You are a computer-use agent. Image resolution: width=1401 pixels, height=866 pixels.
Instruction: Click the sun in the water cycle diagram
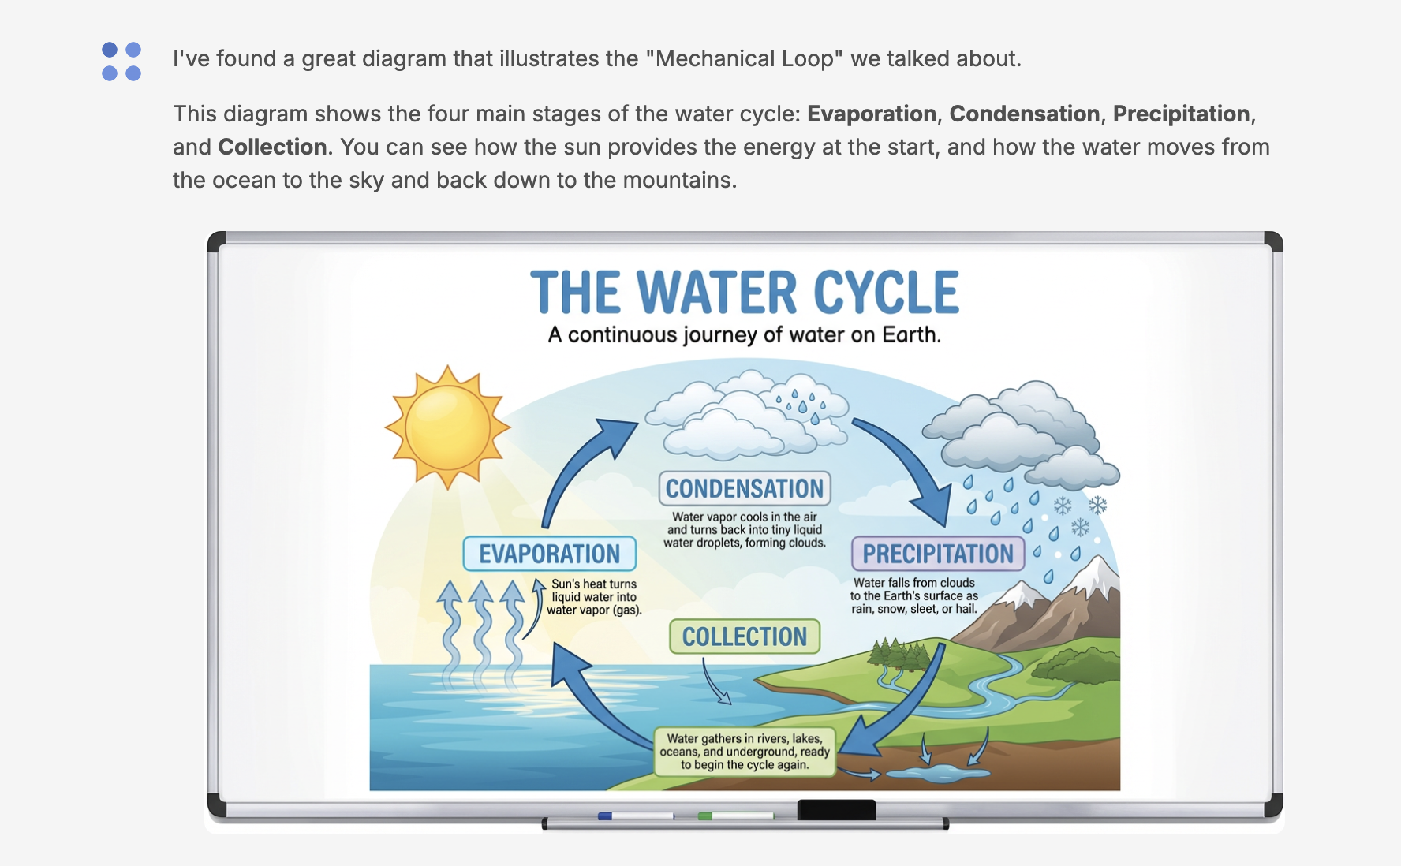[447, 427]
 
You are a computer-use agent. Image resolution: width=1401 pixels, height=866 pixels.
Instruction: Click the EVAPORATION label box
[549, 554]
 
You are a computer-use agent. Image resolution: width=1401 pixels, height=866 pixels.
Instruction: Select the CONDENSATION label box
[745, 488]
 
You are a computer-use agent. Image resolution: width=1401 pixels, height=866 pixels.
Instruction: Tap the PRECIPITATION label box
[937, 554]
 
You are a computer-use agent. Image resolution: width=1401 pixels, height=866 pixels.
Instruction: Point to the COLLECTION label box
[745, 636]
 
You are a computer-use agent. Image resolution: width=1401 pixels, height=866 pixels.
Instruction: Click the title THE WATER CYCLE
[745, 293]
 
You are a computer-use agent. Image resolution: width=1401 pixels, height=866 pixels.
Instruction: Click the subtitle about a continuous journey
[745, 335]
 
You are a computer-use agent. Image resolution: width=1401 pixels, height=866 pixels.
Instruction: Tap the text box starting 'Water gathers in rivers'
[745, 752]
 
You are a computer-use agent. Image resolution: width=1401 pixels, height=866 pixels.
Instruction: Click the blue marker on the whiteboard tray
[636, 816]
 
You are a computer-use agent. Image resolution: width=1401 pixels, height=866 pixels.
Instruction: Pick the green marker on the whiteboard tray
[735, 816]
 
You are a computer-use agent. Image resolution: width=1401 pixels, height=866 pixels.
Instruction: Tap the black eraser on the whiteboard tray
[836, 810]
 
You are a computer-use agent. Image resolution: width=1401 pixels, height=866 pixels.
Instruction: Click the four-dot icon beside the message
[121, 62]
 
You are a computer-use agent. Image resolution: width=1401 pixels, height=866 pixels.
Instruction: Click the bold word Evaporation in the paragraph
[872, 114]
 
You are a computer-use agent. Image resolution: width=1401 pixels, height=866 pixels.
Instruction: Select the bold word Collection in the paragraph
[272, 147]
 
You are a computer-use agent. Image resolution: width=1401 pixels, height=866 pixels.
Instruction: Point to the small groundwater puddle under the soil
[938, 775]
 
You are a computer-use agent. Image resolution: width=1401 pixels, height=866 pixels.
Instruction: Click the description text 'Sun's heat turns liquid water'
[594, 597]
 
